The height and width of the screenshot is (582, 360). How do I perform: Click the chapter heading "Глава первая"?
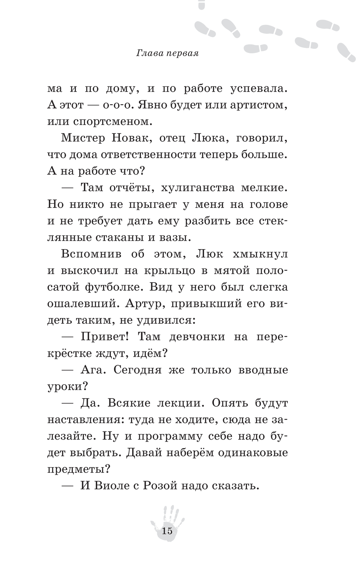point(168,54)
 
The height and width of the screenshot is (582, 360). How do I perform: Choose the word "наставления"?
point(85,420)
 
